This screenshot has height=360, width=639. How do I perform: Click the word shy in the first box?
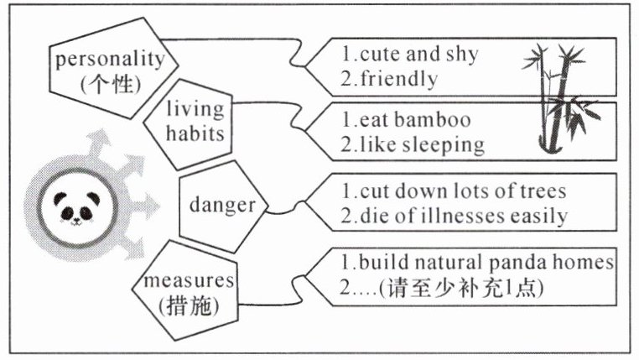460,55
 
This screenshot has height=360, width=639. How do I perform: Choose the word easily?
538,216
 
